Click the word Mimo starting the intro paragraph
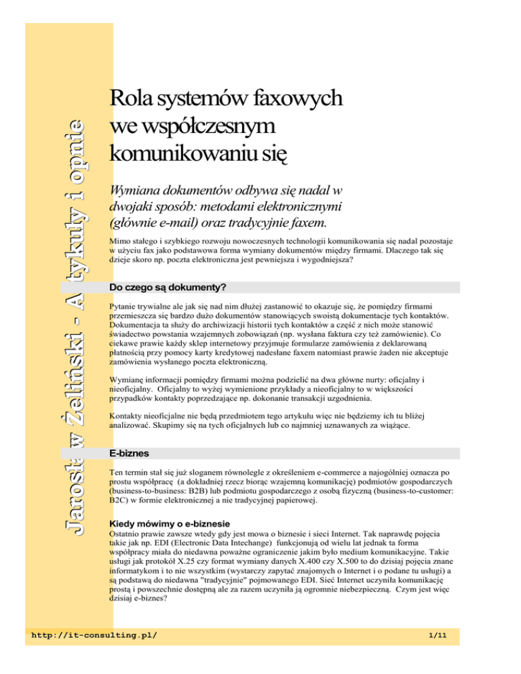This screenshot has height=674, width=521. click(x=121, y=241)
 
